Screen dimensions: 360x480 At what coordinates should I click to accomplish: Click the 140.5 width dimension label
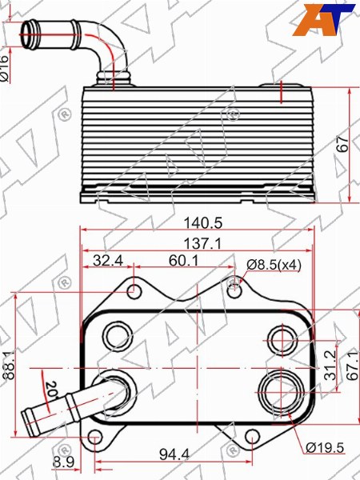click(x=202, y=223)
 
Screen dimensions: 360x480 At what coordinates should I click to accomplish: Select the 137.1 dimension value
click(x=202, y=244)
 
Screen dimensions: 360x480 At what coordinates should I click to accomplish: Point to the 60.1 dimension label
click(x=184, y=261)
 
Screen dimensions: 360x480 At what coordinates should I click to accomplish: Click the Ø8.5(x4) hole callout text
click(x=274, y=265)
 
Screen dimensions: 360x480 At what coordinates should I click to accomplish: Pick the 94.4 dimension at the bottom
click(x=174, y=454)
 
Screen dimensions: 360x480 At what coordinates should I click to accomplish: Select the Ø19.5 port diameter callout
click(x=325, y=448)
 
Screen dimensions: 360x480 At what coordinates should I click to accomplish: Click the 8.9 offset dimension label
click(x=64, y=462)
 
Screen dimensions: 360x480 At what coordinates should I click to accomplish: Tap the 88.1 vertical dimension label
click(x=10, y=365)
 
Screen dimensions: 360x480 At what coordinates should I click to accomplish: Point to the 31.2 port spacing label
click(x=330, y=366)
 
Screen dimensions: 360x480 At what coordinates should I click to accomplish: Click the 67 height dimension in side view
click(x=343, y=143)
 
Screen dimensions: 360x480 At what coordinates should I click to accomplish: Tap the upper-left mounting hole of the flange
click(x=134, y=291)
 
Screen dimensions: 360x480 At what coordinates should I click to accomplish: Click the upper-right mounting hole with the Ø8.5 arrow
click(x=234, y=291)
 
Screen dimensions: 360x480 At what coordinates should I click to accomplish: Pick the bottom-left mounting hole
click(x=95, y=437)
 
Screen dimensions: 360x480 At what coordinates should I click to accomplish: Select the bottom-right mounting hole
click(x=252, y=437)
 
